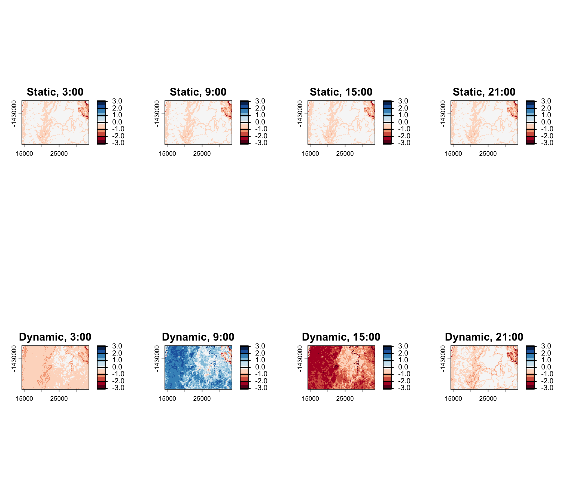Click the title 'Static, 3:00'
(55, 92)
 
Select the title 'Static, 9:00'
(198, 92)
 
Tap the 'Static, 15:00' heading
(341, 92)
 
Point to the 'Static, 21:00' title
(484, 92)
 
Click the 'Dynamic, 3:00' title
(55, 337)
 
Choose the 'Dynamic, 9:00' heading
(198, 337)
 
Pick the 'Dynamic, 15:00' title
(341, 337)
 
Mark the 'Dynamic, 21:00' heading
(484, 337)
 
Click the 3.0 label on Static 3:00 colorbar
(117, 101)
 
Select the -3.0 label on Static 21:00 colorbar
(546, 143)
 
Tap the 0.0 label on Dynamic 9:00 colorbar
(260, 367)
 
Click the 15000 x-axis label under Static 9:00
(167, 154)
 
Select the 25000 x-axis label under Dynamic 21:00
(488, 399)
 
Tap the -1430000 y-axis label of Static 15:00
(300, 114)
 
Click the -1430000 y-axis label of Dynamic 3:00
(14, 359)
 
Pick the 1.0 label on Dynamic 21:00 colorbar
(546, 360)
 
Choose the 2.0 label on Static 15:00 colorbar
(403, 108)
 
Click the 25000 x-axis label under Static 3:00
(59, 154)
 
